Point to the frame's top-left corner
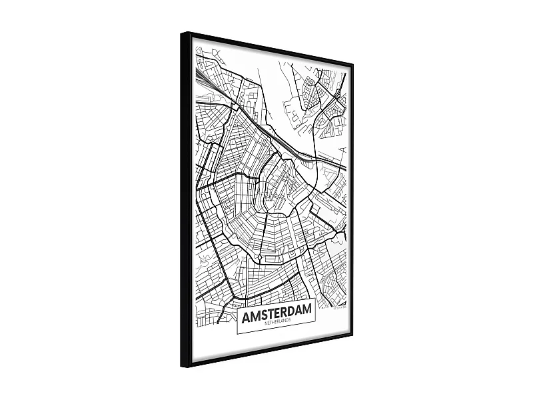click(x=182, y=33)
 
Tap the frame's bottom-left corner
click(x=183, y=366)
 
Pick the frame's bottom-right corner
click(x=352, y=333)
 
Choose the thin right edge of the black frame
click(x=352, y=200)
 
